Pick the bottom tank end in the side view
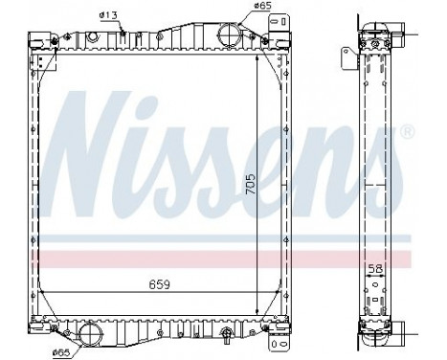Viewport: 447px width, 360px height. (x=375, y=330)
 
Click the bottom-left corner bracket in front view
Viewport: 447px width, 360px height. (x=40, y=326)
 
